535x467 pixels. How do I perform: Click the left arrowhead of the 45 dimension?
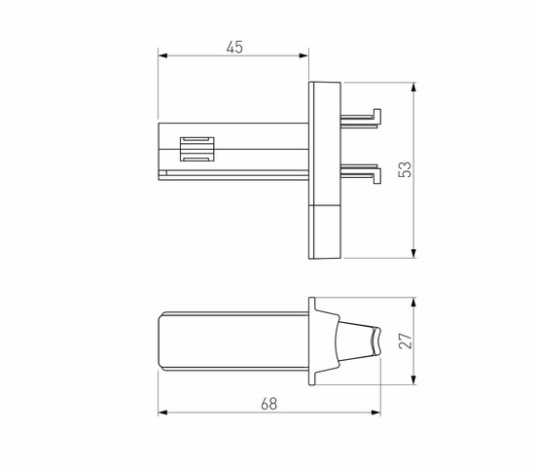[160, 54]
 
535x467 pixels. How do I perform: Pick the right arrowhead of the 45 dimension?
[306, 54]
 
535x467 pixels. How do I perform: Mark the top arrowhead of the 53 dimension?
[415, 87]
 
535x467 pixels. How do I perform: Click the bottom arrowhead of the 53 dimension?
[415, 255]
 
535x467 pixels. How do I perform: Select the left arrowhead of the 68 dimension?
[160, 411]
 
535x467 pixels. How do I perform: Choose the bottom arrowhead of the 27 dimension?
[415, 382]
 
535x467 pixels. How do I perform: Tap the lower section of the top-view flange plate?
[324, 232]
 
